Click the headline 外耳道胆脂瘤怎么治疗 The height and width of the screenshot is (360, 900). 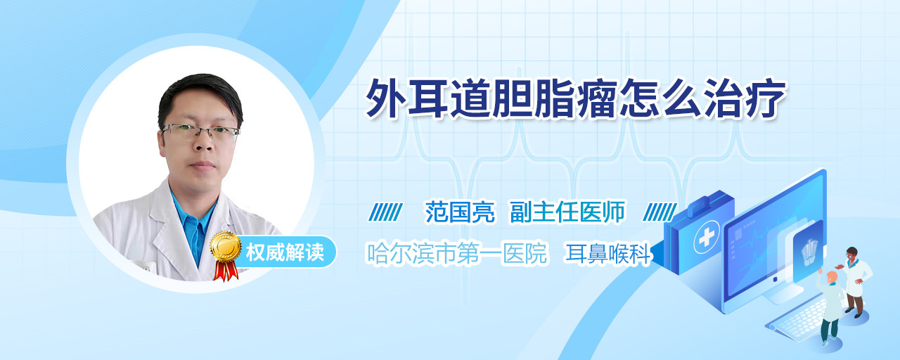tap(575, 99)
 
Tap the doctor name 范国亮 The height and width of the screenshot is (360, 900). tap(460, 212)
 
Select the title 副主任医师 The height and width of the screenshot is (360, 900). tap(567, 212)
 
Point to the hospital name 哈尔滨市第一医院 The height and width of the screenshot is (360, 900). tap(457, 253)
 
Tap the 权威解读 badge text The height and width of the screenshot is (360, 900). tap(285, 252)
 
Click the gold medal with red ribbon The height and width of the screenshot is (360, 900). tap(226, 255)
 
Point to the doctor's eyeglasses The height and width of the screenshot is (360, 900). tap(200, 131)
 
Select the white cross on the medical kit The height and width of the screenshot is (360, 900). tap(707, 238)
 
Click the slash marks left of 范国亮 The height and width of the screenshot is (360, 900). tap(385, 212)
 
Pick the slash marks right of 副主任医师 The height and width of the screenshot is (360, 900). tap(660, 212)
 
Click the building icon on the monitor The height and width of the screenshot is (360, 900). tap(809, 250)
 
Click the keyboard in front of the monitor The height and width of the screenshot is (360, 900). tap(797, 319)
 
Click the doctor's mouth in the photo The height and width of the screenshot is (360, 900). tap(203, 165)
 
